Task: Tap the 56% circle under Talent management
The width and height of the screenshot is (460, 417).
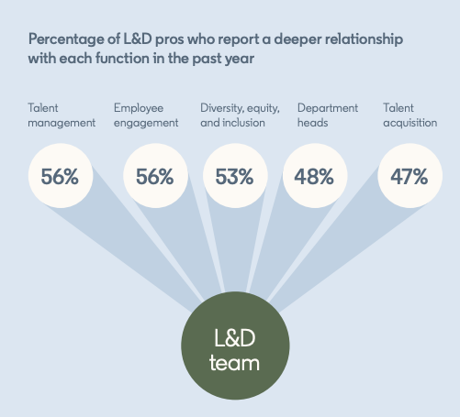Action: pyautogui.click(x=60, y=177)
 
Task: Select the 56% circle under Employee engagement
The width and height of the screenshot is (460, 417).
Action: pyautogui.click(x=153, y=177)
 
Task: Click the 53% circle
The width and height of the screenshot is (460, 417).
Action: pyautogui.click(x=234, y=177)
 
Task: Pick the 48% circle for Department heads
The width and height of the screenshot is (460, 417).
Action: pyautogui.click(x=313, y=177)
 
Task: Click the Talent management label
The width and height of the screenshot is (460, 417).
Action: pyautogui.click(x=61, y=115)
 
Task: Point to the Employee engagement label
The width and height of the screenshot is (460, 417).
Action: pyautogui.click(x=145, y=115)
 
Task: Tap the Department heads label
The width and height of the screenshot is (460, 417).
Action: pyautogui.click(x=328, y=115)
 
